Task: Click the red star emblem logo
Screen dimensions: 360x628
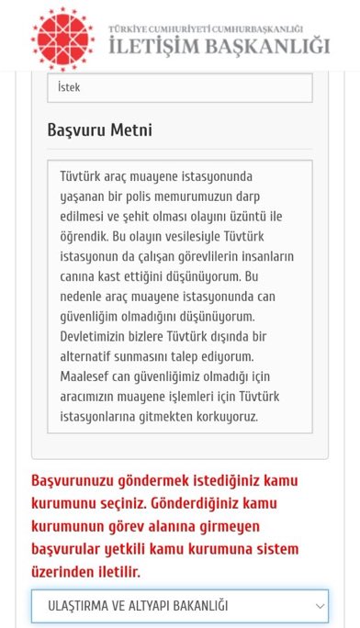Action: (x=62, y=38)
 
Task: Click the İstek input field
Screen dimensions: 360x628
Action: (x=179, y=88)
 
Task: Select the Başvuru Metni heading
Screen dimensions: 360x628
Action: (x=99, y=130)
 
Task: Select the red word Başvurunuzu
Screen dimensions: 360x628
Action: (x=75, y=481)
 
